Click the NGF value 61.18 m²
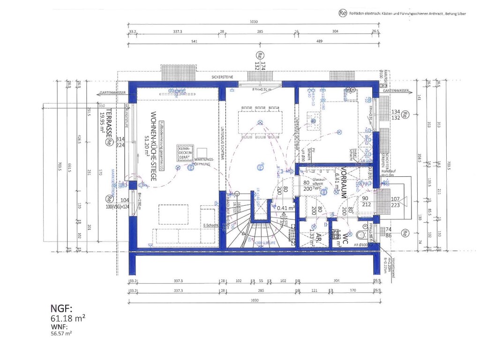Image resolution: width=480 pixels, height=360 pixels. point(67,319)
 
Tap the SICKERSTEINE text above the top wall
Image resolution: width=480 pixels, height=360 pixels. point(222,76)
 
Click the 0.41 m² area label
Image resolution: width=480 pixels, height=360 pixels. point(285,208)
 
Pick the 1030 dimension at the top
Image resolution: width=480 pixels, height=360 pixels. point(254,22)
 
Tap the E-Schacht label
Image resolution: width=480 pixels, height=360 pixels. point(210,225)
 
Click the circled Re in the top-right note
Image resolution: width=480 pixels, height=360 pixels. point(342,13)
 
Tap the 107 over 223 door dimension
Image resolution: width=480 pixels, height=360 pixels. point(396,201)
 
